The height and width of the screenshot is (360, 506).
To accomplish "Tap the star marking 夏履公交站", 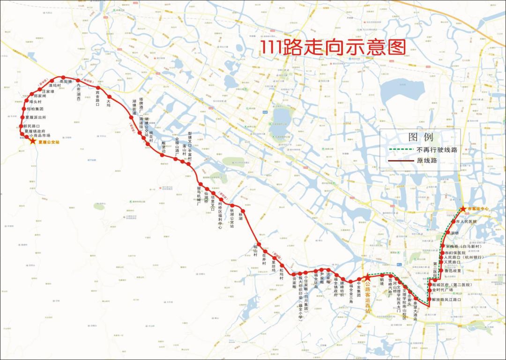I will [32, 140].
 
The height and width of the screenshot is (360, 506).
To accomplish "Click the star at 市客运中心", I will [463, 209].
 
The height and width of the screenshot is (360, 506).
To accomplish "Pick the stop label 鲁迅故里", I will [453, 271].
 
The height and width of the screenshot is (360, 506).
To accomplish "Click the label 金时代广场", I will [446, 290].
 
